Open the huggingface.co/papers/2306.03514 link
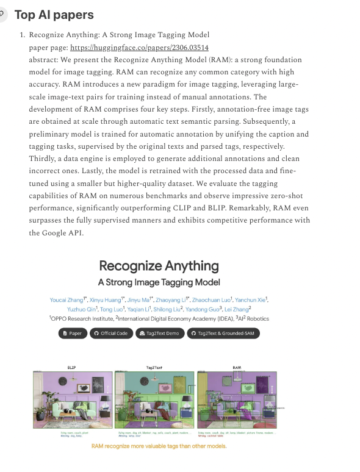pyautogui.click(x=140, y=48)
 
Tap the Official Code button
pyautogui.click(x=110, y=333)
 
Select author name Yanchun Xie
pyautogui.click(x=251, y=299)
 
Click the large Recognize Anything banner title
pyautogui.click(x=159, y=266)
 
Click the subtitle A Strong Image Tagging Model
pyautogui.click(x=159, y=282)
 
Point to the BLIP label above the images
pyautogui.click(x=71, y=367)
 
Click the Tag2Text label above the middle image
pyautogui.click(x=153, y=367)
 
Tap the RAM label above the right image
pyautogui.click(x=237, y=367)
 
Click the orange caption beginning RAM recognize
pyautogui.click(x=159, y=446)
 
